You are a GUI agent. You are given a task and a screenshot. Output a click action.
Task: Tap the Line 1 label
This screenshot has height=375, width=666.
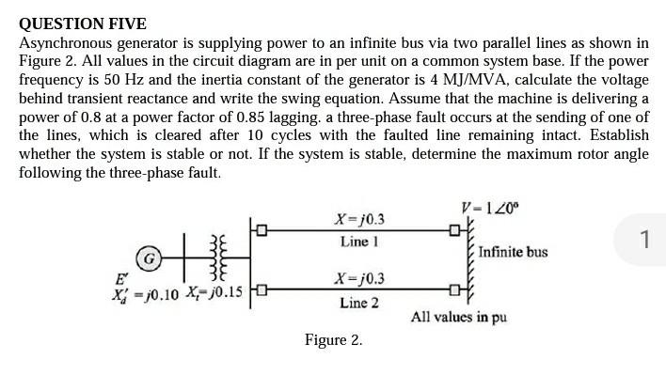359,242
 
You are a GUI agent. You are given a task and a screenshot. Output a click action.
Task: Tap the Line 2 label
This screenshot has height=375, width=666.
359,303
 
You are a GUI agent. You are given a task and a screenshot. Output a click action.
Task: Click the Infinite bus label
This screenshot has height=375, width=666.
513,252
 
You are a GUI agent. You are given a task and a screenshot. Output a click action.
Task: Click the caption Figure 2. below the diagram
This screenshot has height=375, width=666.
333,339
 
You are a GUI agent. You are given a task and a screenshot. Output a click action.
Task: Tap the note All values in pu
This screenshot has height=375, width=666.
459,317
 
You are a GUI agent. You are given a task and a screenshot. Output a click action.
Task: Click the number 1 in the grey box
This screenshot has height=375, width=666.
643,240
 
